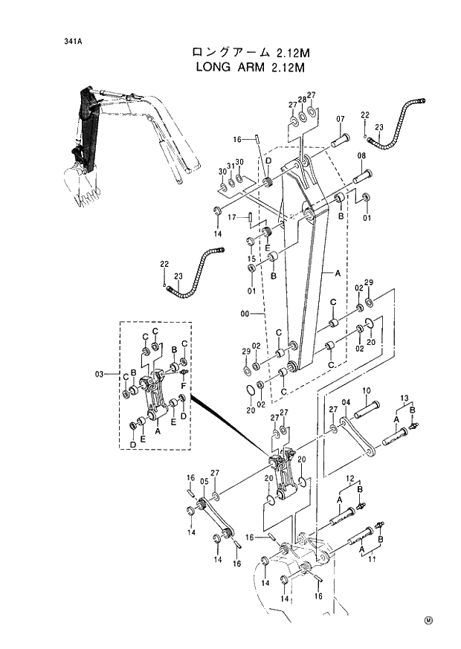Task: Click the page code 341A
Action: pyautogui.click(x=72, y=42)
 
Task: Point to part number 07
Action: pyautogui.click(x=340, y=120)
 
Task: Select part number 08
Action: pyautogui.click(x=361, y=156)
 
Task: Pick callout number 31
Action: pyautogui.click(x=230, y=166)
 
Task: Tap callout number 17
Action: pyautogui.click(x=232, y=218)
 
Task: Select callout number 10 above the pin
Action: pyautogui.click(x=367, y=391)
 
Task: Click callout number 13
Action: pyautogui.click(x=405, y=397)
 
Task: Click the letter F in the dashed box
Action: pyautogui.click(x=184, y=387)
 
